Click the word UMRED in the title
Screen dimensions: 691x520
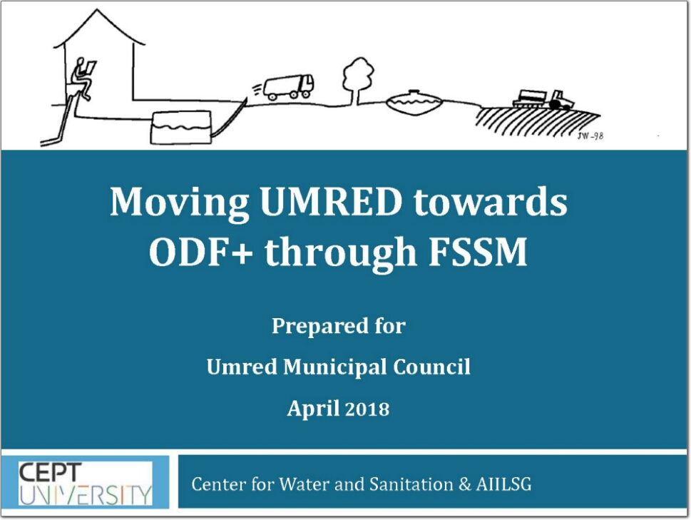(331, 202)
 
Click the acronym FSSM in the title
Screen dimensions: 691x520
(478, 252)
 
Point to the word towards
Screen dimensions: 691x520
(490, 202)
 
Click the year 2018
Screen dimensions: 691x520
(367, 409)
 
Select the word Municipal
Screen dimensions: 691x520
(334, 367)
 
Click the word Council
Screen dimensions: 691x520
(432, 367)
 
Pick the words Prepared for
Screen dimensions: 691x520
(339, 326)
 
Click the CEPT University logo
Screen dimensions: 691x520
(85, 483)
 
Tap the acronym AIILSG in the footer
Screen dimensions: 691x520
(503, 484)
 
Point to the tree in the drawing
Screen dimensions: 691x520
(358, 81)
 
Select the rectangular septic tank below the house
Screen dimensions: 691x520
(180, 128)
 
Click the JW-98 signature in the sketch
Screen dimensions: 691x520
(590, 136)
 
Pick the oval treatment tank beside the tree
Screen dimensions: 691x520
(414, 102)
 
